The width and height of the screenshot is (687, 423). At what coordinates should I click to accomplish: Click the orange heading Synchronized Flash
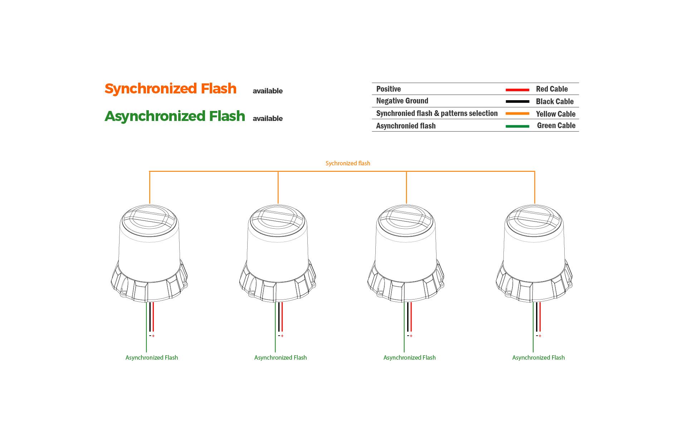pyautogui.click(x=170, y=88)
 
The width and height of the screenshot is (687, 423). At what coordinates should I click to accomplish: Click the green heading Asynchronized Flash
pyautogui.click(x=175, y=116)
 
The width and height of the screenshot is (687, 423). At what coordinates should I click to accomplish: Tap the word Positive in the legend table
pyautogui.click(x=388, y=89)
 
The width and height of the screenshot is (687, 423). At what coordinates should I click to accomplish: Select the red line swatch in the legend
pyautogui.click(x=517, y=89)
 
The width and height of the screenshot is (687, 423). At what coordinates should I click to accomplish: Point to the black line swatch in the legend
pyautogui.click(x=517, y=102)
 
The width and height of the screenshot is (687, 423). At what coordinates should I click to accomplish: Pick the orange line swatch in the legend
pyautogui.click(x=517, y=114)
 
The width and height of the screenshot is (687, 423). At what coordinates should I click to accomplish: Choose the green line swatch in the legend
pyautogui.click(x=517, y=126)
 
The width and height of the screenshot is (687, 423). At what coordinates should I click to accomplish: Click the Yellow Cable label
pyautogui.click(x=555, y=114)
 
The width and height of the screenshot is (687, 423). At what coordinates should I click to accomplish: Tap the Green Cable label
pyautogui.click(x=556, y=126)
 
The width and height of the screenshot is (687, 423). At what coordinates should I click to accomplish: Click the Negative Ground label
pyautogui.click(x=402, y=101)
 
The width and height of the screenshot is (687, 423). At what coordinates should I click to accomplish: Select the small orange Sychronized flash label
pyautogui.click(x=348, y=163)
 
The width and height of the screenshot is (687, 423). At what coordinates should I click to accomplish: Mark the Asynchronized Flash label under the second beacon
pyautogui.click(x=281, y=358)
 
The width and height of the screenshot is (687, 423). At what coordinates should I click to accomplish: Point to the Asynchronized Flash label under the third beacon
pyautogui.click(x=409, y=358)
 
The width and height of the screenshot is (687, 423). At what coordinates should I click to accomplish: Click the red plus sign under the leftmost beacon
pyautogui.click(x=154, y=336)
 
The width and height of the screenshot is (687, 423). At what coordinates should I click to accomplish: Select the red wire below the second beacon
pyautogui.click(x=282, y=317)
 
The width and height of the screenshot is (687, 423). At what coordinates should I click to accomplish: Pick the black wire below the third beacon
pyautogui.click(x=408, y=317)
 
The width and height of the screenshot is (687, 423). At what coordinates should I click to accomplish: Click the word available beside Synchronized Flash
pyautogui.click(x=268, y=91)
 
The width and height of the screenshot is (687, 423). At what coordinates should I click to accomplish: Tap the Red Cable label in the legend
pyautogui.click(x=552, y=89)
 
